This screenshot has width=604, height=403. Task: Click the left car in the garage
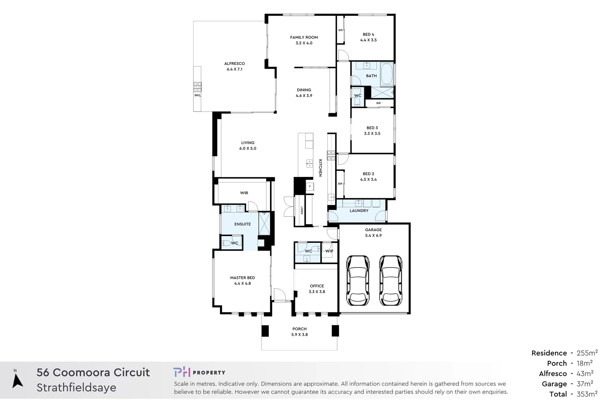coord(358,281)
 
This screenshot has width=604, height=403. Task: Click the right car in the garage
coord(391,281)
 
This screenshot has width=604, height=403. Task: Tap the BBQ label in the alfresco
coord(197,96)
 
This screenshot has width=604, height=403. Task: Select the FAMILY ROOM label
coord(304,37)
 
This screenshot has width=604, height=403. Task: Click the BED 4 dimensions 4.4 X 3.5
coord(368,40)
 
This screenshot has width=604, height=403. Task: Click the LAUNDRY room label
coord(359,211)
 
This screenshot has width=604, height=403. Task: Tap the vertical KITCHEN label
coord(320,168)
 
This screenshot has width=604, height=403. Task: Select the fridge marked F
coord(309,186)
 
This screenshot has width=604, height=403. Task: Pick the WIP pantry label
coord(329,251)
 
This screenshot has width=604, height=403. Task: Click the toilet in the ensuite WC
coord(226,243)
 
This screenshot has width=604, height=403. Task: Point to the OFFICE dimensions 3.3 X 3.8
coord(317,292)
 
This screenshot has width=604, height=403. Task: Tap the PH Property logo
coord(199,372)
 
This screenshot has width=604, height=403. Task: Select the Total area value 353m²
coord(587,394)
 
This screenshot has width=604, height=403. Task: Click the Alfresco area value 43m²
coord(585,374)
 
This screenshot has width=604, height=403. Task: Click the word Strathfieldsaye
coord(76,388)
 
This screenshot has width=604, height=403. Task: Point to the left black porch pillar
coord(265,331)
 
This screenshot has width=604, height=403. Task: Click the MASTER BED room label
coord(243,278)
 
